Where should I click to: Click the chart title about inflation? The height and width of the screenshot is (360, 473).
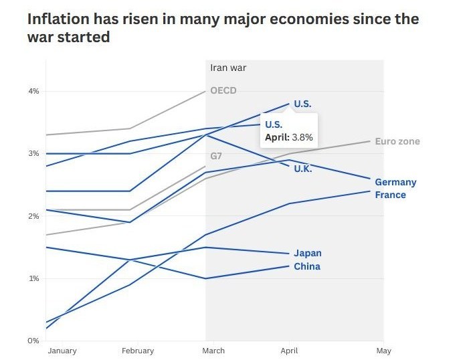pos(223,27)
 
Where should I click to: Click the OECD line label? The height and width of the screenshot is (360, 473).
pos(223,90)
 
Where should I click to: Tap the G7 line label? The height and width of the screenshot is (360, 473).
pos(216,156)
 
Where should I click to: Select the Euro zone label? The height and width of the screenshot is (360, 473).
pos(397,141)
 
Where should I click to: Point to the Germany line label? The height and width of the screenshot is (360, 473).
pos(395,182)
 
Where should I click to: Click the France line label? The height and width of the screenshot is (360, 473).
pos(390,195)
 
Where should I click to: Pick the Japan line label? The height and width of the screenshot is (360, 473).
pos(308,253)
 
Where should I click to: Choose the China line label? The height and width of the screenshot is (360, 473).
pos(307,266)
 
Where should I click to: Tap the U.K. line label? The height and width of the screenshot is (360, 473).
pos(303,169)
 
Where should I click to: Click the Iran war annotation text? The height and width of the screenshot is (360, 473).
pos(228,68)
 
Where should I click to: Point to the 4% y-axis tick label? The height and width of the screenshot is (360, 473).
pos(33,91)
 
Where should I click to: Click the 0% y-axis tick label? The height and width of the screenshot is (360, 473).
pos(33,341)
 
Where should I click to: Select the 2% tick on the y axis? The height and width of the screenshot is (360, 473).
pos(33,216)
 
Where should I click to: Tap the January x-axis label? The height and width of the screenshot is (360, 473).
pos(62,351)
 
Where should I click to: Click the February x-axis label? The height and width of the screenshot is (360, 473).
pos(138,351)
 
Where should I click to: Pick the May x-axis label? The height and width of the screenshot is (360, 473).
pos(384,351)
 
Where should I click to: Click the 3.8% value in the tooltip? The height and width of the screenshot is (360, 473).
pos(302,137)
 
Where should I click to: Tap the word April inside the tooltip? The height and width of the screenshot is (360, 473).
pos(276,138)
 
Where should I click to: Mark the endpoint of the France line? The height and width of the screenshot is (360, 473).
pos(370,191)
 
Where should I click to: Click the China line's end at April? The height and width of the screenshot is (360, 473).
pos(289,266)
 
